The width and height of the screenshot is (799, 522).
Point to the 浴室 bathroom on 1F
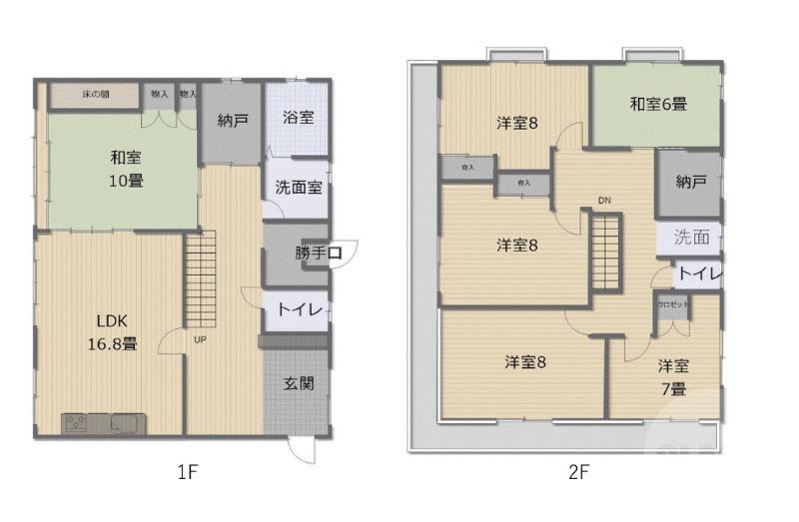pyautogui.click(x=298, y=117)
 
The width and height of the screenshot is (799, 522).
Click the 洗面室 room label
pyautogui.click(x=298, y=186)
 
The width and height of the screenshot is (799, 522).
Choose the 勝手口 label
pyautogui.click(x=319, y=254)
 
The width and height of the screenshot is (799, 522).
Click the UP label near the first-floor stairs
pyautogui.click(x=200, y=339)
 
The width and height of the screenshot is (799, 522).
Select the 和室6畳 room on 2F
pyautogui.click(x=657, y=104)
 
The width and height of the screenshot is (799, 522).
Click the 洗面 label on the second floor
pyautogui.click(x=691, y=238)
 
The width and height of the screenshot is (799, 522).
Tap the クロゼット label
pyautogui.click(x=672, y=303)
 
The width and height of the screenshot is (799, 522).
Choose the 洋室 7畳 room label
pyautogui.click(x=672, y=377)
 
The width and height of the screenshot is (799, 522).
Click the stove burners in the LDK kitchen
pyautogui.click(x=77, y=423)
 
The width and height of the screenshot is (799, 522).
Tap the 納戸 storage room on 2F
pyautogui.click(x=689, y=182)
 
